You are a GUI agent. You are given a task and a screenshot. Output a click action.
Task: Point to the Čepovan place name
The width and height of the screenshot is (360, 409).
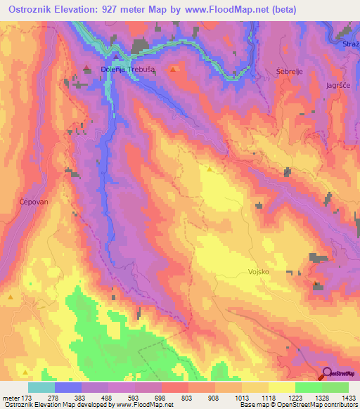coord(33,202)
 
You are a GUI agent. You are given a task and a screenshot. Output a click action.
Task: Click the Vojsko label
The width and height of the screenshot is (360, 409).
coord(259,272)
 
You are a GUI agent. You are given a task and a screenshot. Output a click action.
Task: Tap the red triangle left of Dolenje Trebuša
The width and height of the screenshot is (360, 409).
coord(87,68)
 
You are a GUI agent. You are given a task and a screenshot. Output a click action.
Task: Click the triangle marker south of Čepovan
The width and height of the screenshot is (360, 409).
coord(11,297)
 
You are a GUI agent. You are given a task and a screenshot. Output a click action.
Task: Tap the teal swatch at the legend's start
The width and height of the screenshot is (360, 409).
coord(41,387)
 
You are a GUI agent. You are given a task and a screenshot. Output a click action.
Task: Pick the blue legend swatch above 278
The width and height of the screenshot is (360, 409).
coord(68,387)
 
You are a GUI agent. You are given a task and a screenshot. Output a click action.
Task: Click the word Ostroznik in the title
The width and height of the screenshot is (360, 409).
coord(32,10)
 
